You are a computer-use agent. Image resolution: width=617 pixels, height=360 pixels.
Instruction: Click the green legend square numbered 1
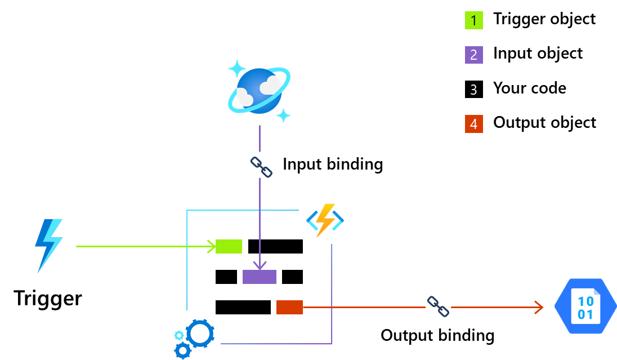click(473, 20)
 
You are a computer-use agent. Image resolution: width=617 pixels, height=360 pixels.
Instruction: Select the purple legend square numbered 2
click(473, 55)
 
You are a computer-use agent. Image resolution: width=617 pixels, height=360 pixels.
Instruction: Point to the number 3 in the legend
click(473, 90)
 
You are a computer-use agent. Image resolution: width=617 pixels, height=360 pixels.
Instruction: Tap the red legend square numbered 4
click(473, 124)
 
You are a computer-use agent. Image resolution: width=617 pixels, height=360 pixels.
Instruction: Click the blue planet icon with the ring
click(259, 91)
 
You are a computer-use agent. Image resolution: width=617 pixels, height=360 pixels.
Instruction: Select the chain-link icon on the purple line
click(261, 165)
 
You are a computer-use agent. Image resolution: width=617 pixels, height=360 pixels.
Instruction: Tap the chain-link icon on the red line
click(438, 304)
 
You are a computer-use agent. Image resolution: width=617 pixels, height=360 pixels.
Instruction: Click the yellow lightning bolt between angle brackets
click(325, 220)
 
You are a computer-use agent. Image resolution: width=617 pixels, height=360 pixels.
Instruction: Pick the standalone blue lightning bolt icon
click(48, 246)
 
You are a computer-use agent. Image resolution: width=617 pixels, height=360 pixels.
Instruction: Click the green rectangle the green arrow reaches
click(229, 246)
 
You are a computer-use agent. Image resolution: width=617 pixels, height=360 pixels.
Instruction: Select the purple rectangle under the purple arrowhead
click(260, 277)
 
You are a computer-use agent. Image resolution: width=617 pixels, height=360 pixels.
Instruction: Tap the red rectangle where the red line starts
click(289, 307)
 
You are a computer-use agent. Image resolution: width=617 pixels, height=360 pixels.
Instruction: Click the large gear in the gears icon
click(200, 334)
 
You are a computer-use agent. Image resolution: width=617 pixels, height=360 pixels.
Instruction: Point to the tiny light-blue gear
click(179, 335)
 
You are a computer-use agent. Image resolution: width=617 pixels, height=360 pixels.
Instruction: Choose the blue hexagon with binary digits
click(585, 306)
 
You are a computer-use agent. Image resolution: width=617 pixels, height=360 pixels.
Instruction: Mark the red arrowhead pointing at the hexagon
click(539, 307)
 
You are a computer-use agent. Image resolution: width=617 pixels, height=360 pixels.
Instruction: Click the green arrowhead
click(212, 246)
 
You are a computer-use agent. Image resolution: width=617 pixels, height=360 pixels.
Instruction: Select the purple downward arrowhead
click(260, 265)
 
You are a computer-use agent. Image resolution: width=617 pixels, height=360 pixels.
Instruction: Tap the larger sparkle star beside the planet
click(236, 69)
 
